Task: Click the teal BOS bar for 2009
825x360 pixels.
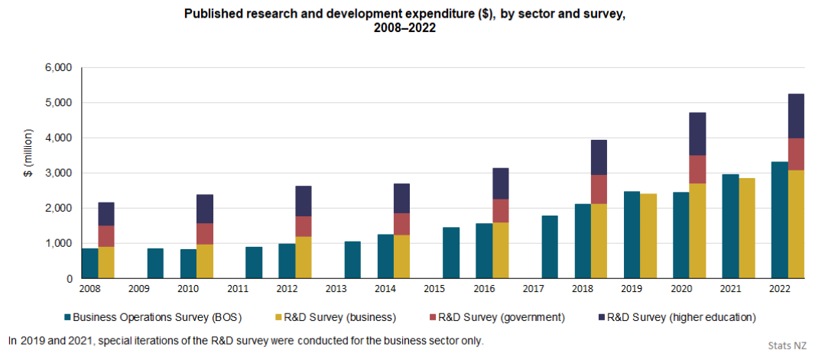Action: [x=156, y=263]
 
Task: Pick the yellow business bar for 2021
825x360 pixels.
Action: [x=746, y=229]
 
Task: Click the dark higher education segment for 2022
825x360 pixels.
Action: [x=796, y=116]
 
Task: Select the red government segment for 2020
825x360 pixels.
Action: [x=697, y=169]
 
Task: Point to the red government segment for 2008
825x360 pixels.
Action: [x=106, y=236]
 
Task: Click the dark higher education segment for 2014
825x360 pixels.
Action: [x=402, y=199]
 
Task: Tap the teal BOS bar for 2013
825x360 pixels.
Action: [x=352, y=260]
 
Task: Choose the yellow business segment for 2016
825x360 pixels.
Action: [x=501, y=251]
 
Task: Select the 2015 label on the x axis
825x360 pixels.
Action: [x=434, y=290]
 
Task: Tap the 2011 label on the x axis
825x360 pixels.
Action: [x=237, y=290]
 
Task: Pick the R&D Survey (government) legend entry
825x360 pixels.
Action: [x=497, y=317]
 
